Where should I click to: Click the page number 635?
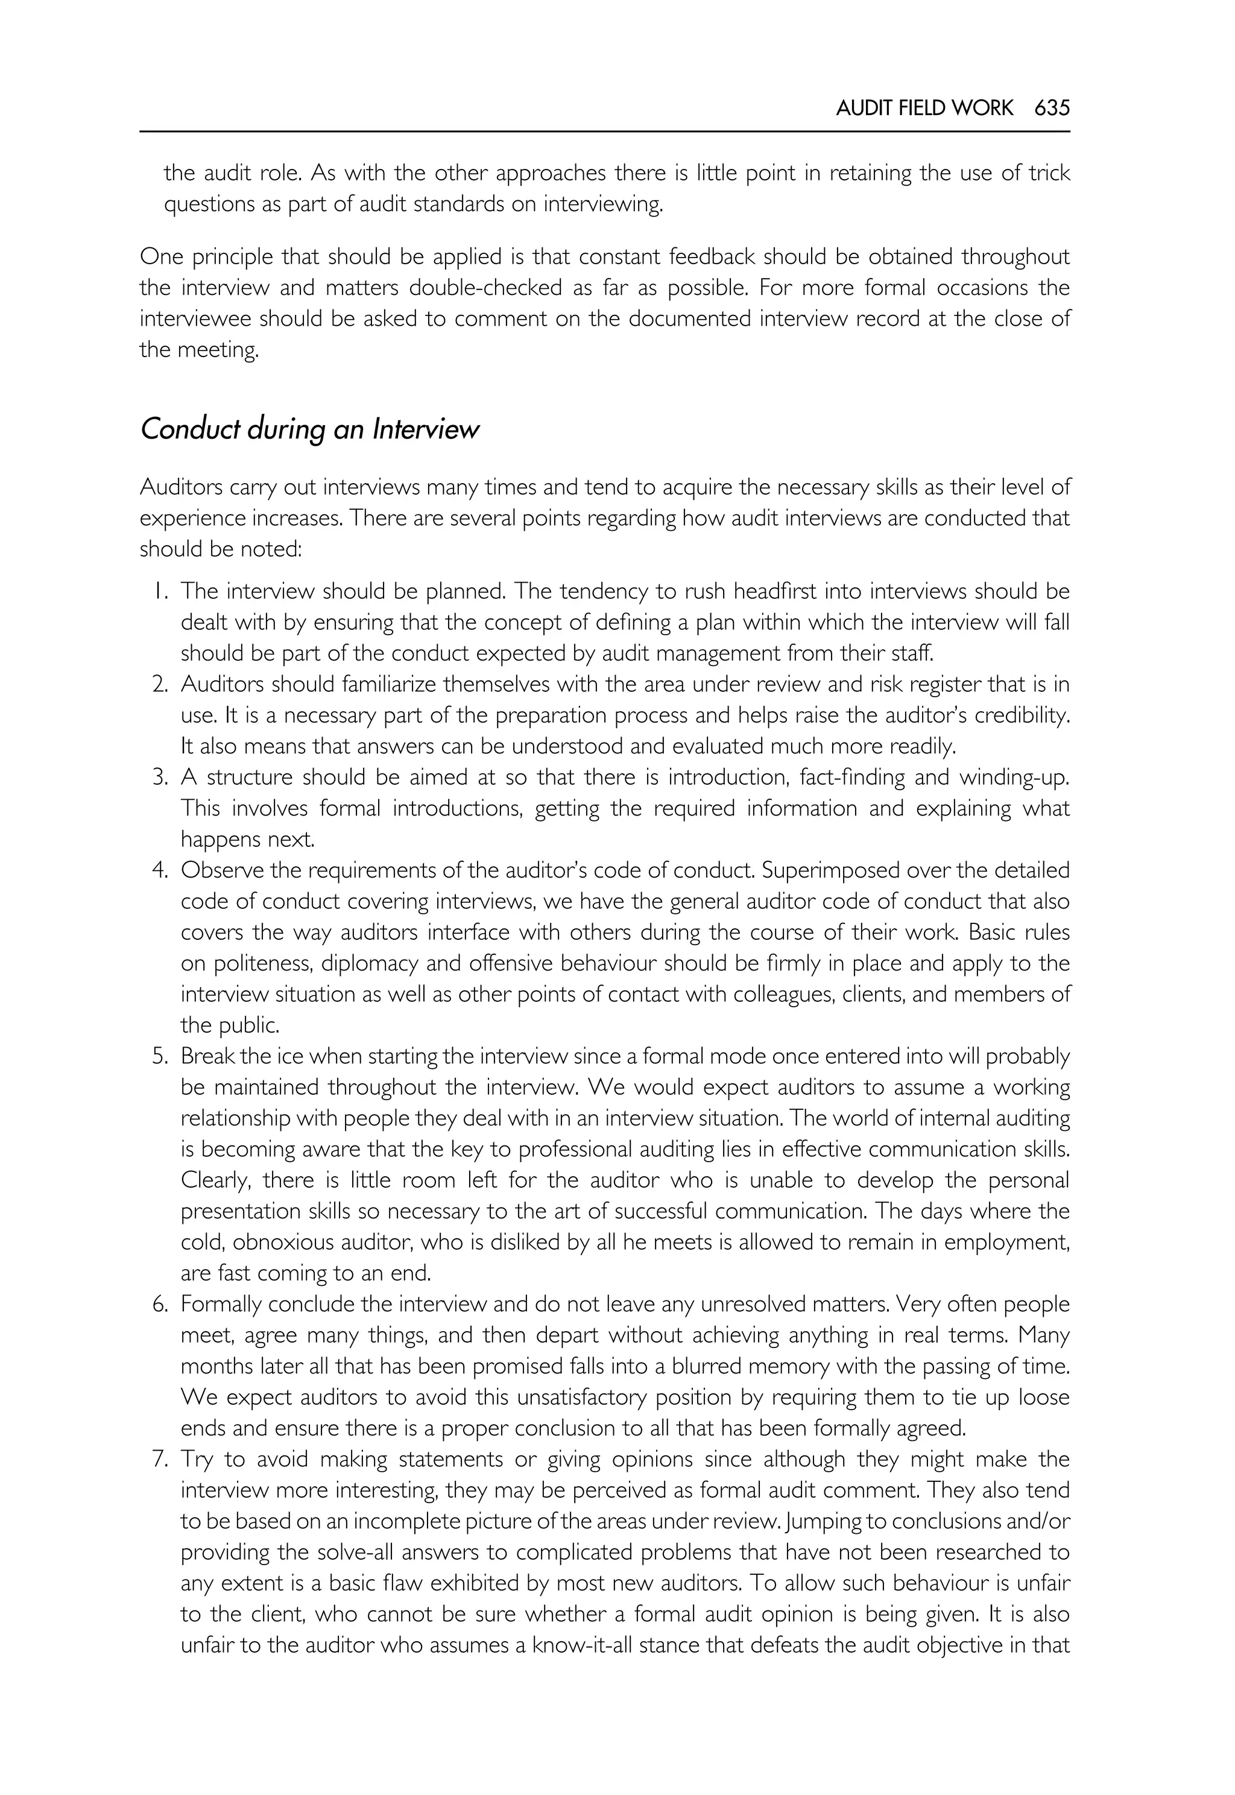coord(1052,107)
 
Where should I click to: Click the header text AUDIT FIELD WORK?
coord(924,107)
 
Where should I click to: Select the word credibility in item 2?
coord(1022,715)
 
